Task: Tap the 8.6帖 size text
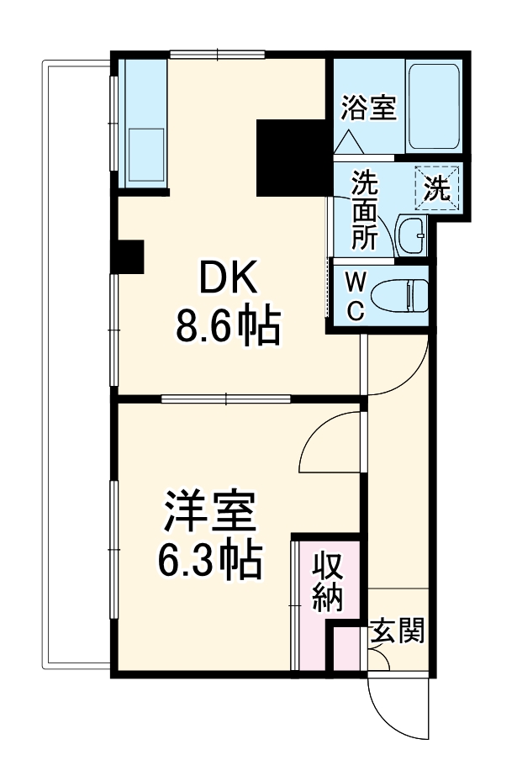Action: point(227,327)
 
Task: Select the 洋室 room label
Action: point(210,513)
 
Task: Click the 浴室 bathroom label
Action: point(368,109)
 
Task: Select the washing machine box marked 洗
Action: point(436,187)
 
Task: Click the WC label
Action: point(355,295)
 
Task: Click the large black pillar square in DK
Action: point(290,157)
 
